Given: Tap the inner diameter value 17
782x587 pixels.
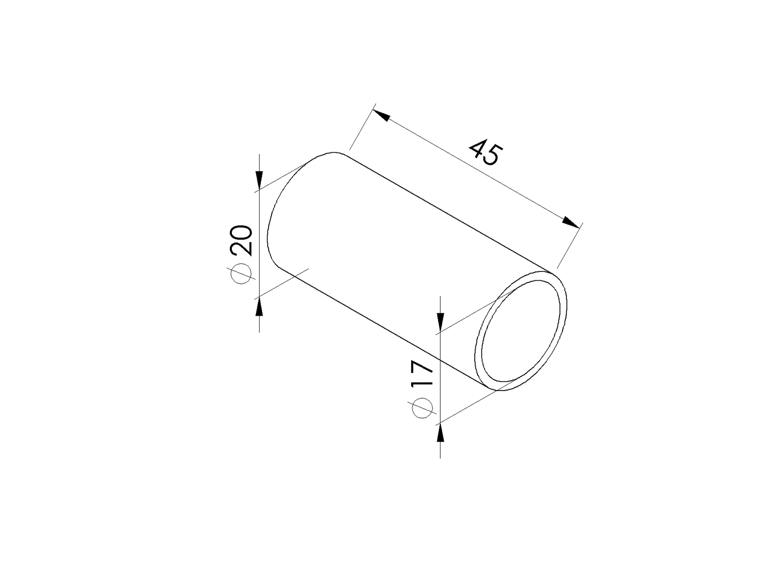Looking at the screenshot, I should tap(422, 374).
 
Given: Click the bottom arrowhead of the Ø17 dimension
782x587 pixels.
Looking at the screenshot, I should tap(440, 433).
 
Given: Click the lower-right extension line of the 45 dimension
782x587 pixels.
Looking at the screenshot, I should tap(568, 247).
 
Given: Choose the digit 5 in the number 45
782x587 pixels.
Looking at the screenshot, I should tap(492, 157).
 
